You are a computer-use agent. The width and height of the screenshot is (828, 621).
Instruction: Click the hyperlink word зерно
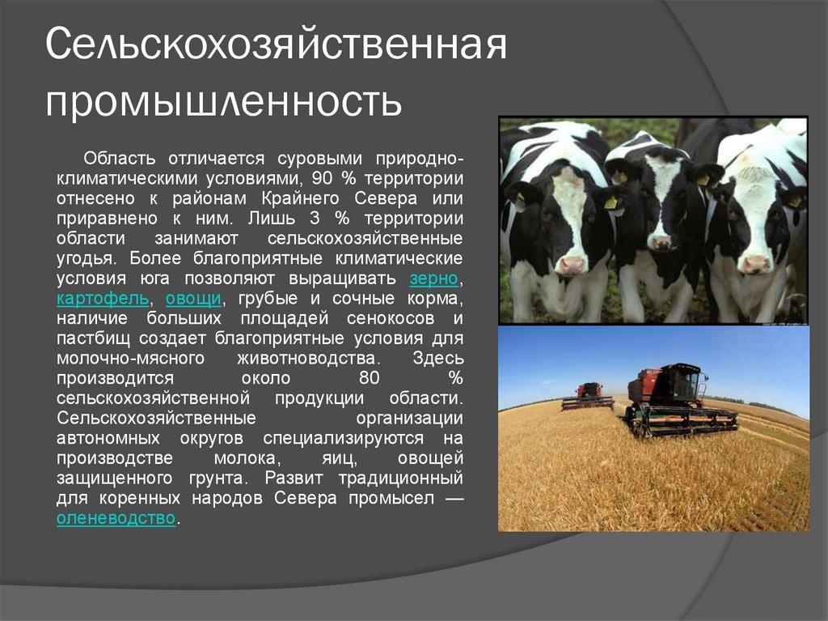[434, 279]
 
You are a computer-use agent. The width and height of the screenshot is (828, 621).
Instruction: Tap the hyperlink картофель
[103, 298]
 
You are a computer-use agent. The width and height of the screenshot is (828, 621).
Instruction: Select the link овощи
[193, 298]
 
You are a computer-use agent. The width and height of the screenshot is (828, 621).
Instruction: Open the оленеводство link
[116, 518]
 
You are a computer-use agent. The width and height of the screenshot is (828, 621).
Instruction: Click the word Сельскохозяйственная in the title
[277, 45]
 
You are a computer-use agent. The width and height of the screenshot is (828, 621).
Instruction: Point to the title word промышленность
[223, 100]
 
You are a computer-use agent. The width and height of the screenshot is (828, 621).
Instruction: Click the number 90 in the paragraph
[323, 178]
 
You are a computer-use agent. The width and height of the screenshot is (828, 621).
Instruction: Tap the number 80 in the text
[369, 377]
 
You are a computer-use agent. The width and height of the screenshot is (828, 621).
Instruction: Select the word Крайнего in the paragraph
[300, 198]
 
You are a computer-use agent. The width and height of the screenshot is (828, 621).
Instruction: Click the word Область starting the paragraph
[120, 158]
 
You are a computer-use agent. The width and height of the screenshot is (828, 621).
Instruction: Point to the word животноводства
[308, 358]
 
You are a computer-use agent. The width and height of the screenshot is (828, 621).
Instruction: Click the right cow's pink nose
[755, 263]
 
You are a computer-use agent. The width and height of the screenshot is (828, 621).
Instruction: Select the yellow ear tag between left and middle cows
[611, 202]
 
